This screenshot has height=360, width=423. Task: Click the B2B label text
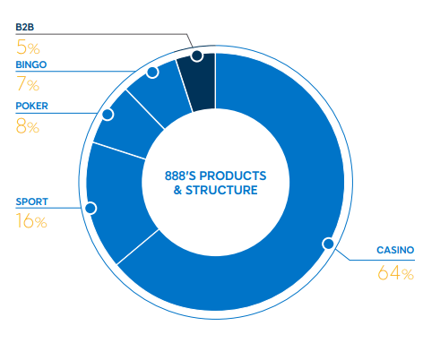tap(25, 27)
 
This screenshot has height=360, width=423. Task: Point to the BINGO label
tap(31, 64)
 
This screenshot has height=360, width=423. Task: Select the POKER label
tap(31, 106)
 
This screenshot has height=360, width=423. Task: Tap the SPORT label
tap(31, 201)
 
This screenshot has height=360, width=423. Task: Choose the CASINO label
tap(395, 250)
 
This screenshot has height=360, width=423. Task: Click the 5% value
tap(28, 47)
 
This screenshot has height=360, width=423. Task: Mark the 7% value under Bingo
tap(28, 84)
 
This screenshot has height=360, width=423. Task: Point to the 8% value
tap(28, 126)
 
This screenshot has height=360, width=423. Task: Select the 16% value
tap(31, 221)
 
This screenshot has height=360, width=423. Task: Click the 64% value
tap(396, 273)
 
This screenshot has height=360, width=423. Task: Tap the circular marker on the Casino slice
tap(329, 244)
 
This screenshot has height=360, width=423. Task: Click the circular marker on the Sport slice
tap(91, 208)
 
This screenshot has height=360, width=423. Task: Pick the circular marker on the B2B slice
tap(197, 56)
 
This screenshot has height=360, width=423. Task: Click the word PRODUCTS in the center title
tap(233, 176)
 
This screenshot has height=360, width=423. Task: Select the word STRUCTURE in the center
tap(221, 190)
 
